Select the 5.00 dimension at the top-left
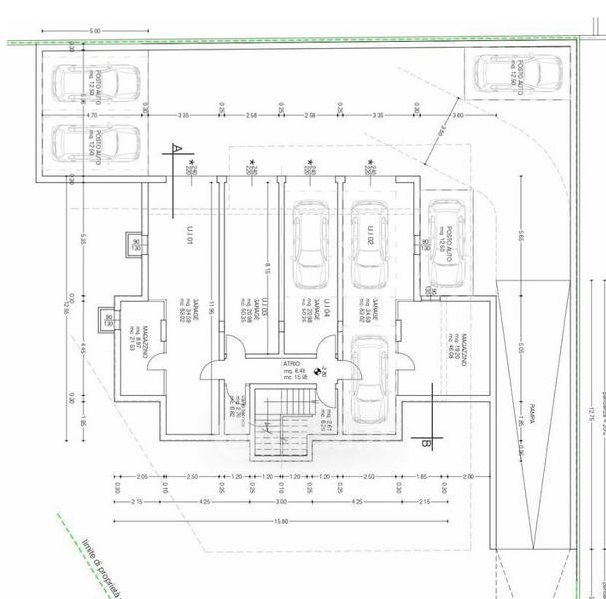point(94,33)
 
